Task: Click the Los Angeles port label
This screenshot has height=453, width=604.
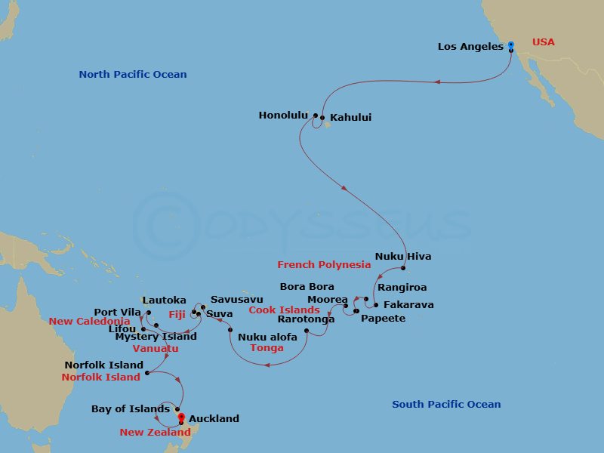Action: click(x=470, y=47)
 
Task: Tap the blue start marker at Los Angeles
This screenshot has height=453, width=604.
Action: click(x=510, y=45)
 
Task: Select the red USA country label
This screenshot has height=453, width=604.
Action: click(x=543, y=42)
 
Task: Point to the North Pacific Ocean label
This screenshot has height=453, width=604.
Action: click(x=133, y=75)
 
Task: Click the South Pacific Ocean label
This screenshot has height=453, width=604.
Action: click(x=446, y=405)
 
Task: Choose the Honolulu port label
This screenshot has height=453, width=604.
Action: click(x=283, y=116)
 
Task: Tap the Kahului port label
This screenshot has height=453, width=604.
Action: click(x=351, y=118)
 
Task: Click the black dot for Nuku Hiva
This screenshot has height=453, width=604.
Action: click(x=404, y=269)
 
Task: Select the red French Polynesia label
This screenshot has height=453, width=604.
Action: click(x=324, y=265)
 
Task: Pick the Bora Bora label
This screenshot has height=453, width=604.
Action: click(x=307, y=287)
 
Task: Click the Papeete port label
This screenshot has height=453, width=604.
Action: click(x=383, y=319)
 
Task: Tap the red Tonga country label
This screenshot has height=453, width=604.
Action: click(x=267, y=348)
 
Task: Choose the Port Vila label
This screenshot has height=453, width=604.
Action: click(x=117, y=312)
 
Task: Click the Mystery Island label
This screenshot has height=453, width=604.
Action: click(x=156, y=337)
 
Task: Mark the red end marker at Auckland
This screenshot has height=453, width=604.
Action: click(x=181, y=416)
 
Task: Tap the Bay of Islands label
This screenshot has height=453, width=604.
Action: click(x=130, y=409)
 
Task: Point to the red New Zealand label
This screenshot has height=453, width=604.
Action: click(x=155, y=433)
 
